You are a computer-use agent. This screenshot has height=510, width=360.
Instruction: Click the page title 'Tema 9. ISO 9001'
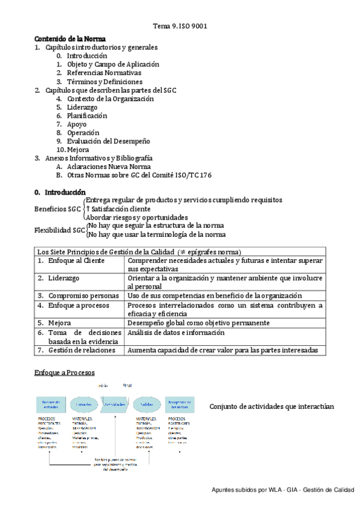pos(180,26)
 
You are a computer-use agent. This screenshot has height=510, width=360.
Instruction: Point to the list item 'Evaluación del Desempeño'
pos(108,141)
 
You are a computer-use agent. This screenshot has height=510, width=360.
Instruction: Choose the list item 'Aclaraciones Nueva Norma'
pos(109,167)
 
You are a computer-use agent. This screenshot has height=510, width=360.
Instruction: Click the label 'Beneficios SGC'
pos(58,209)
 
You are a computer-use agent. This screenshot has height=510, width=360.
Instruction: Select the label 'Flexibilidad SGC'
pos(59,230)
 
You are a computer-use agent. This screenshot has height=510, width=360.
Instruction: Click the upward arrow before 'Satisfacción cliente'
pos(88,209)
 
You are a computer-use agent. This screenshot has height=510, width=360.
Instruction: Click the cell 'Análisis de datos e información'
pos(176,333)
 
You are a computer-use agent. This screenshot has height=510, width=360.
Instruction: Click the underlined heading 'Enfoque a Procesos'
pos(64,373)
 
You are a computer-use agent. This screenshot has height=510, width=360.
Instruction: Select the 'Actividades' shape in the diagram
pos(115,404)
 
